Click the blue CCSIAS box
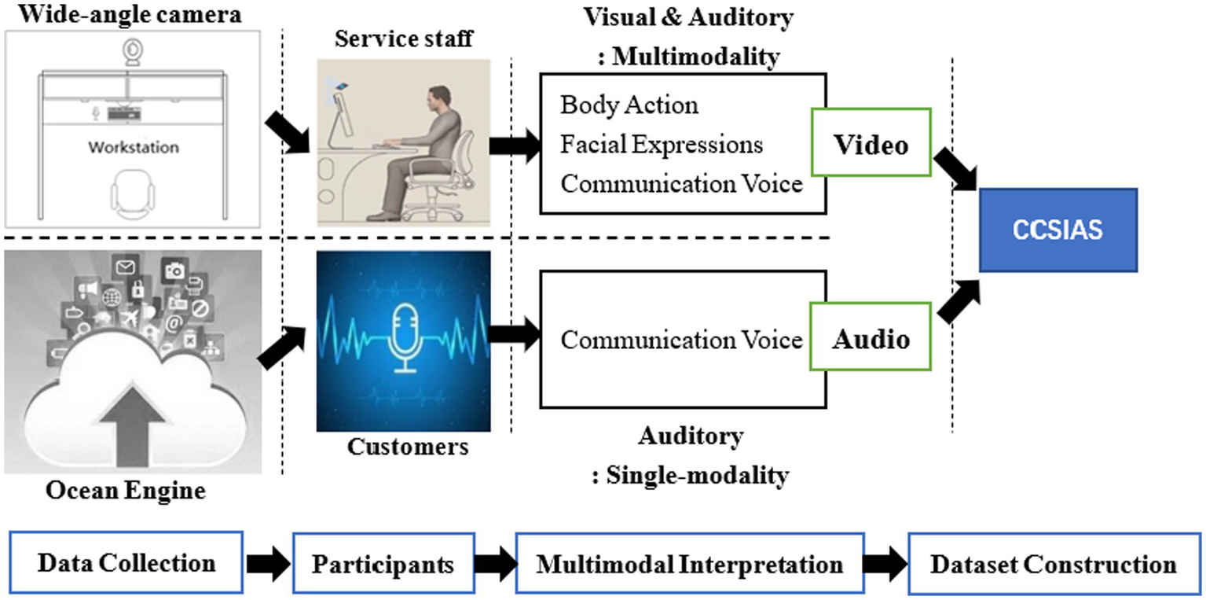coord(1058,230)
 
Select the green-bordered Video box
coord(871,144)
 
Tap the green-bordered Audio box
coord(871,340)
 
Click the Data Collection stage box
coord(126,563)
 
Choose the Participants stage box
coord(383,563)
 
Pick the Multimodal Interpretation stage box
coord(689,563)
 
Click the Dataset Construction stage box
coord(1054,563)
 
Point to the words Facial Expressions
coord(662,145)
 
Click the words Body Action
coord(629,105)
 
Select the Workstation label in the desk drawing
coord(133,147)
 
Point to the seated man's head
coord(439,101)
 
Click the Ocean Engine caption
coord(126,491)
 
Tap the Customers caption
coord(407,447)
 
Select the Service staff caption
coord(404,39)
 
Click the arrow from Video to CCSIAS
coord(954,170)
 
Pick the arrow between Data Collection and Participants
coord(268,565)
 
